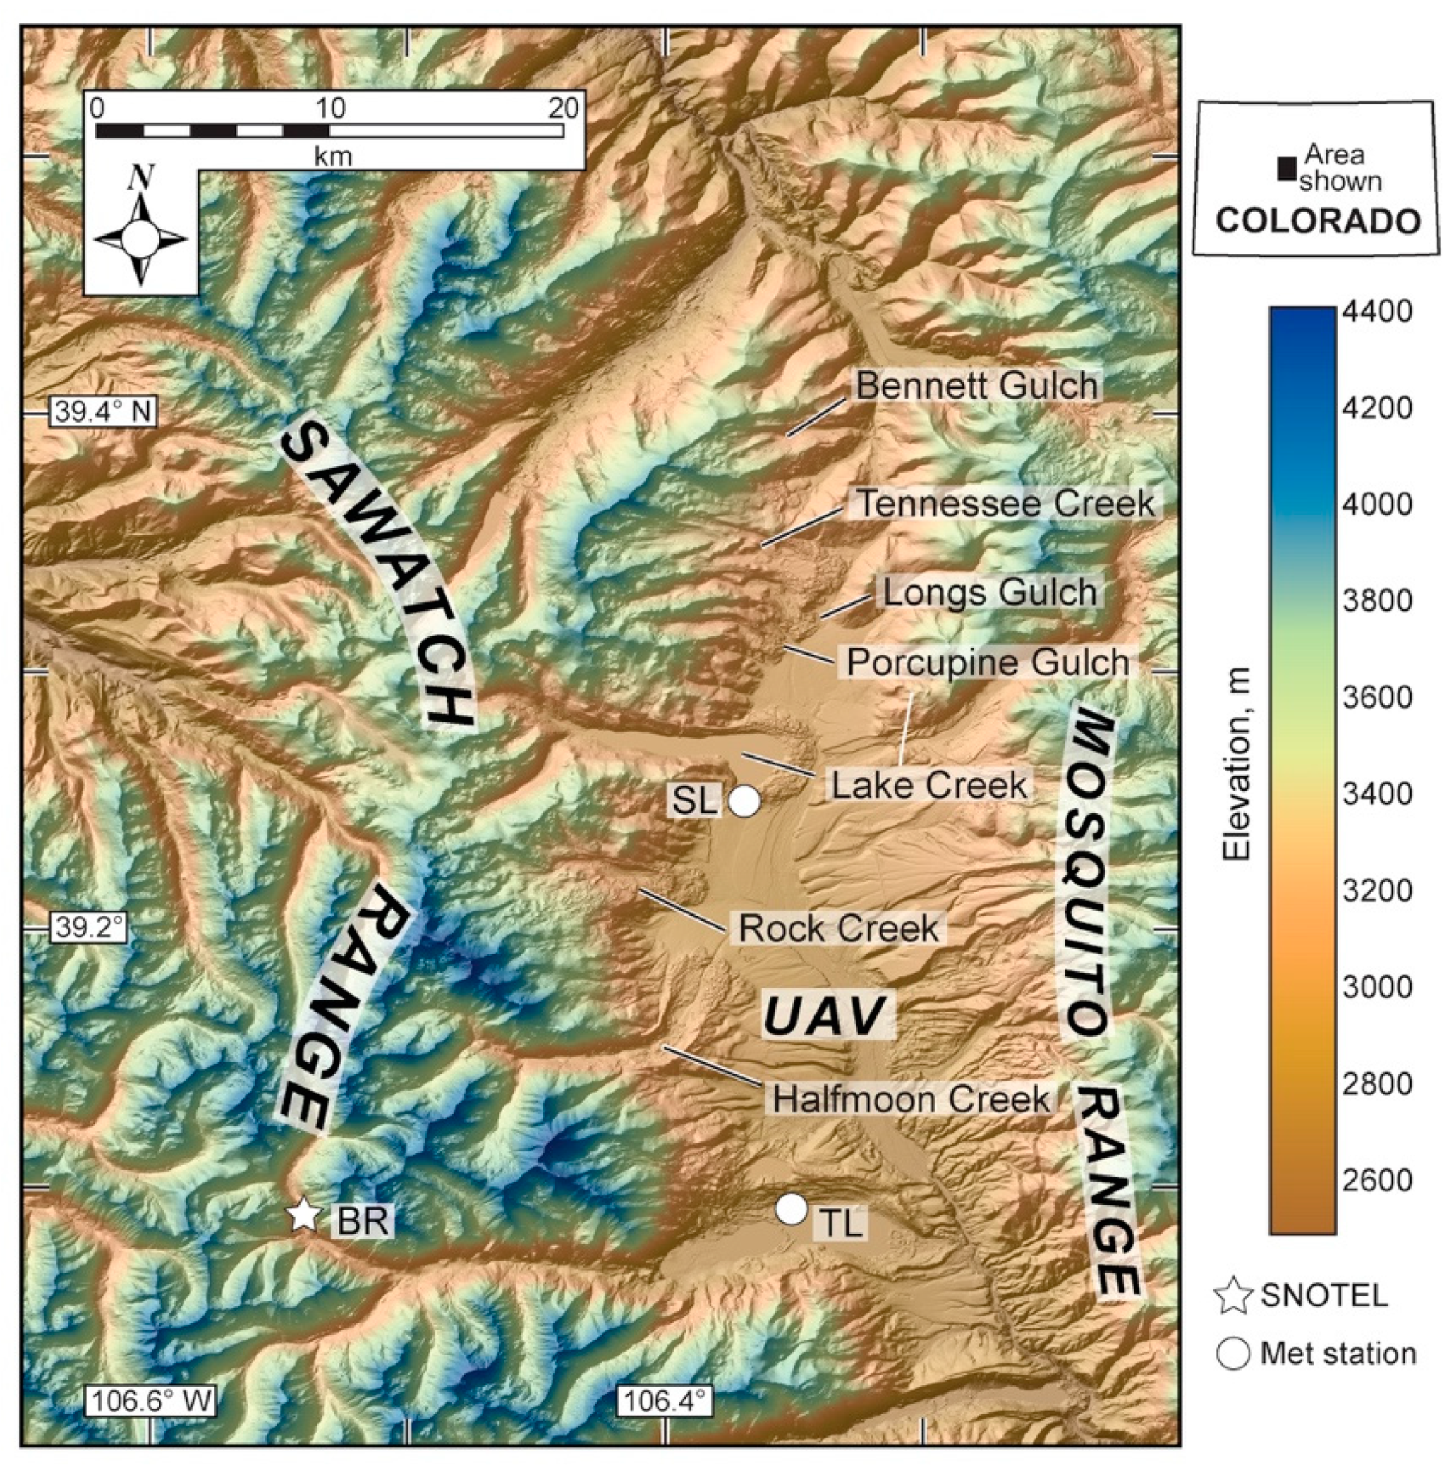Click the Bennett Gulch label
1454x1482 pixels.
[x=976, y=386]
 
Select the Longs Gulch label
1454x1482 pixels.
[x=990, y=593]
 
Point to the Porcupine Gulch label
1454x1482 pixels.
[x=988, y=662]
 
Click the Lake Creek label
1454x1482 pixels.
[x=928, y=786]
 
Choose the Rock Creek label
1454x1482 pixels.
[x=839, y=928]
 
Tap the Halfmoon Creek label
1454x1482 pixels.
[x=911, y=1100]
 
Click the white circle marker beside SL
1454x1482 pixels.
[x=744, y=801]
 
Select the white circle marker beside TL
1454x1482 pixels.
[x=792, y=1208]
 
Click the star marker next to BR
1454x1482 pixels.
[x=304, y=1215]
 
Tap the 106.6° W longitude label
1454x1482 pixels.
[x=150, y=1400]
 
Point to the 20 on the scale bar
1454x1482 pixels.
[x=564, y=109]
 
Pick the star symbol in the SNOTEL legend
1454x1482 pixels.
[x=1233, y=1296]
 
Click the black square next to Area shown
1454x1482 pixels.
[x=1287, y=169]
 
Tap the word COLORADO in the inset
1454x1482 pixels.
[x=1318, y=221]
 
